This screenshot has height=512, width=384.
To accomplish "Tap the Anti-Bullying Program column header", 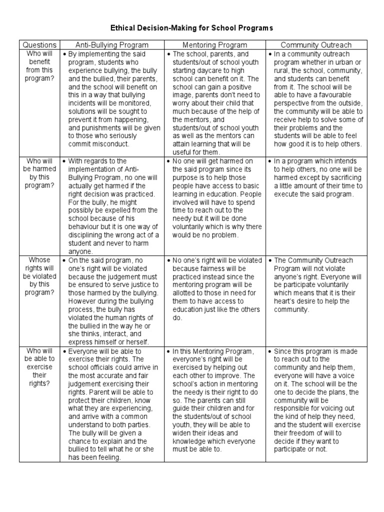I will point(112,45).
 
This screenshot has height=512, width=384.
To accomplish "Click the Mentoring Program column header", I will point(215,45).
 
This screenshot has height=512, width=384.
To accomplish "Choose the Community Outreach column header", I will point(316,45).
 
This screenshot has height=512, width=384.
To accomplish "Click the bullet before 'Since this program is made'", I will point(270,351).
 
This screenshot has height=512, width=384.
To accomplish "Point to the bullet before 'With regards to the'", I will point(65,161).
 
